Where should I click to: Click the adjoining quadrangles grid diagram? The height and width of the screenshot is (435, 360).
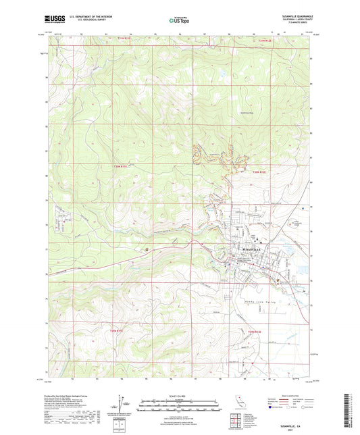(x=237, y=419)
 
